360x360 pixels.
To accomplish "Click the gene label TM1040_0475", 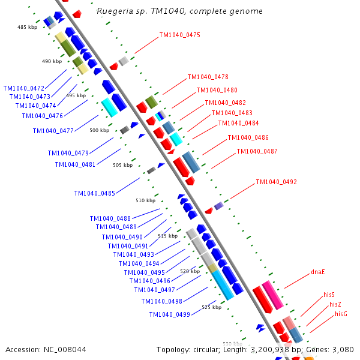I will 179,35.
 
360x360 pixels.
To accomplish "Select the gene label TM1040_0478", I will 208,77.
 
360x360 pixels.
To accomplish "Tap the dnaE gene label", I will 318,272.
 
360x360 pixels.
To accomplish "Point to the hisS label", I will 329,295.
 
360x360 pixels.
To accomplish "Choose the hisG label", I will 341,314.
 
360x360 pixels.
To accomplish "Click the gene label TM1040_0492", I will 276,182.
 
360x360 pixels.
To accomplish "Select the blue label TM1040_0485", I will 95,193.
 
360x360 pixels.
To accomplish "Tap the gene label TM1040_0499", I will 170,314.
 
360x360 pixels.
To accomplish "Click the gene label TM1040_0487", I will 257,151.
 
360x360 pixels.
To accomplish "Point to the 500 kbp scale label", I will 100,130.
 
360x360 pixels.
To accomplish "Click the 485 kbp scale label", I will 28,27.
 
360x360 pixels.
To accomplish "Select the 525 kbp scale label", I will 211,307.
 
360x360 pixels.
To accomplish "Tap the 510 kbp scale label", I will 145,200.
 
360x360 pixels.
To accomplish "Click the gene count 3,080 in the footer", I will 343,349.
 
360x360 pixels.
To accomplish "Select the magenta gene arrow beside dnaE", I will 272,295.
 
